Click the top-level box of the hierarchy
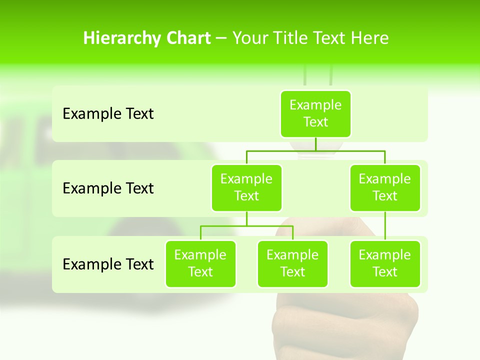point(315,113)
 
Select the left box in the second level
point(246,187)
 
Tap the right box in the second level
point(385,187)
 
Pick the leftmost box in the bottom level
point(200,263)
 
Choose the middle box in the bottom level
point(292,263)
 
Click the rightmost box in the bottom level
point(385,263)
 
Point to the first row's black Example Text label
point(108,114)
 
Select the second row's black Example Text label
point(108,188)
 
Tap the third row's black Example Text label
point(108,264)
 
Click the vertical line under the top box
point(315,144)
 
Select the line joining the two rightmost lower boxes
point(385,226)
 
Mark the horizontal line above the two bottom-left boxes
point(246,226)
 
